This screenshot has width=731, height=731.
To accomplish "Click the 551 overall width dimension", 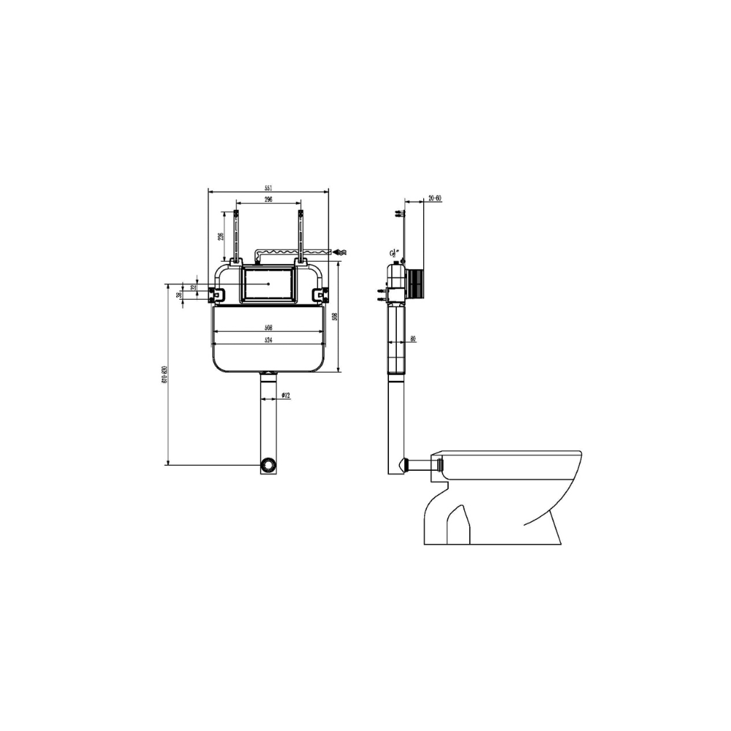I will (269, 189).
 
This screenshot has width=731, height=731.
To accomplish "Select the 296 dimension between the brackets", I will (269, 200).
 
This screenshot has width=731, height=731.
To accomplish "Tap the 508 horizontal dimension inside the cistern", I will (269, 328).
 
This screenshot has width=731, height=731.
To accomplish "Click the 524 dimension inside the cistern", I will (269, 341).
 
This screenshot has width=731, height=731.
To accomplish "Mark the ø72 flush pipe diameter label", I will (286, 395).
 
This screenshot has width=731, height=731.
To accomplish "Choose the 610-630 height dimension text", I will (165, 374).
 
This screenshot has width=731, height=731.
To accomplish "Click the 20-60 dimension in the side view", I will (434, 198).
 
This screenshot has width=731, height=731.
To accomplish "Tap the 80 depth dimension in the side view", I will (413, 338).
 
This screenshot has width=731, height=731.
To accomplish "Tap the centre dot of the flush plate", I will (269, 283).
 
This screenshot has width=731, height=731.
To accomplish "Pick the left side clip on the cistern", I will (217, 294).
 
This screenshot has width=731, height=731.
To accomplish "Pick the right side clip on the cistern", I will (319, 294).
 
